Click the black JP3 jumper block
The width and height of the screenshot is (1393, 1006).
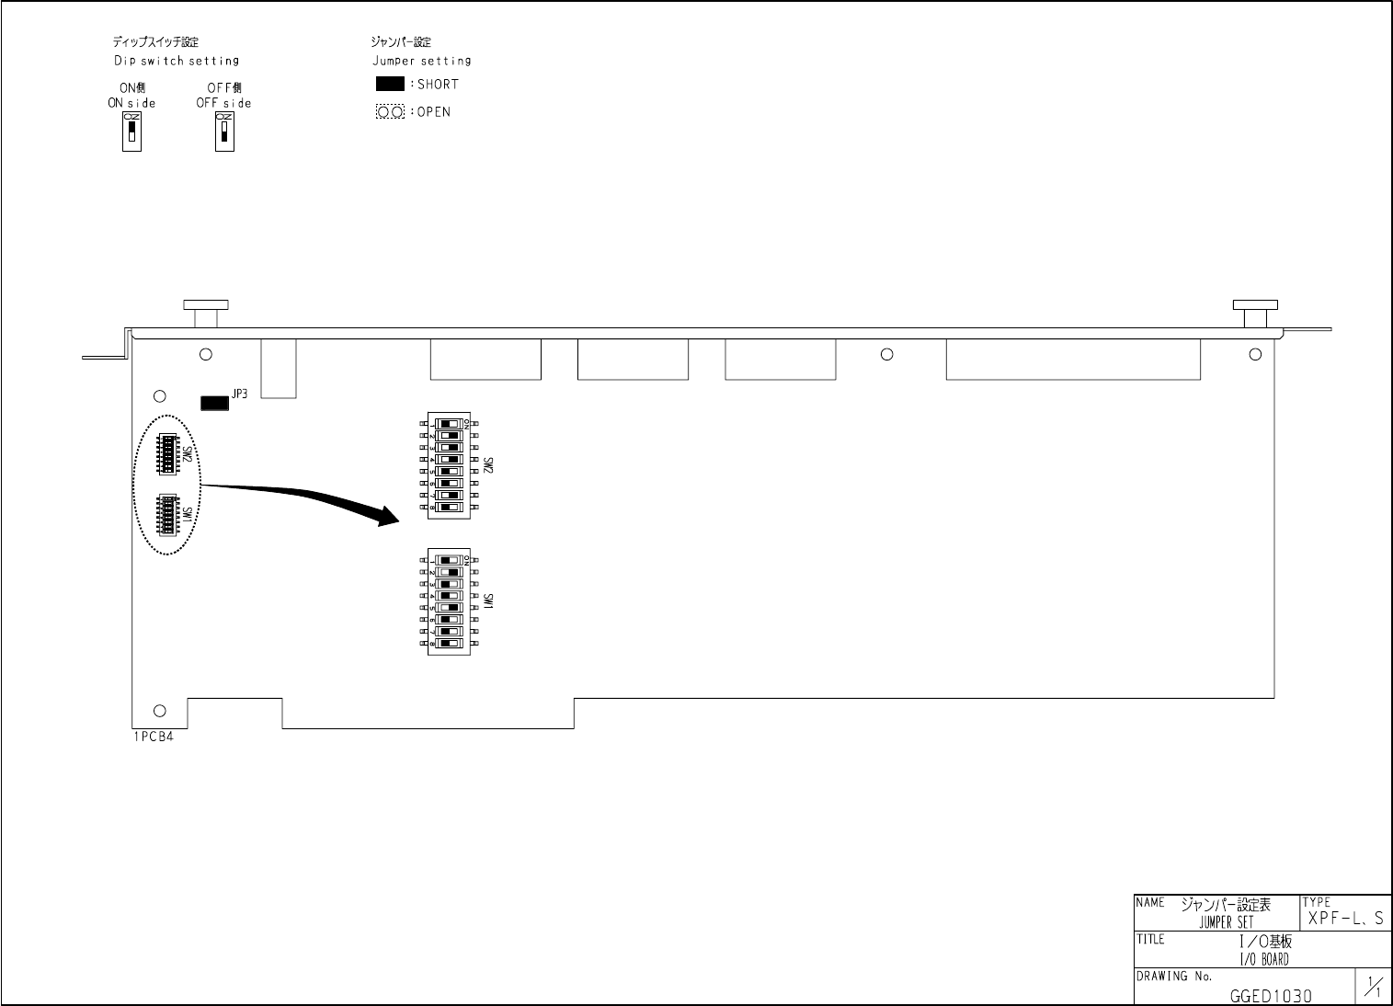click(214, 403)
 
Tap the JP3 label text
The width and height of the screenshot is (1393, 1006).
click(239, 394)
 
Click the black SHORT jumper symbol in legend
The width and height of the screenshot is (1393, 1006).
click(390, 84)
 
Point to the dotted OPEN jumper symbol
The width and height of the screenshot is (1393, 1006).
click(390, 112)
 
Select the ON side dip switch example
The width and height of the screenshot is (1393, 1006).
click(132, 132)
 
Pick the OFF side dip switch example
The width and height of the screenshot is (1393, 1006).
click(224, 132)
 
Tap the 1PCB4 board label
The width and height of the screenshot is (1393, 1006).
click(153, 736)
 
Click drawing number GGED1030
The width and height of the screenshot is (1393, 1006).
click(1271, 996)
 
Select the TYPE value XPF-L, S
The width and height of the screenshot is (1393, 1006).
click(1345, 919)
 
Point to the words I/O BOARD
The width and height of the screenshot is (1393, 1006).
click(1264, 959)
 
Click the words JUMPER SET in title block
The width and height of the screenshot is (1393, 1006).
click(1226, 922)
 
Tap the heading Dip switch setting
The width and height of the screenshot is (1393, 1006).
click(176, 61)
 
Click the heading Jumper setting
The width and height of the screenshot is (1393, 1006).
click(421, 61)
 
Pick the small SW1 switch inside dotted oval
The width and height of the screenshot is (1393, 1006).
click(168, 514)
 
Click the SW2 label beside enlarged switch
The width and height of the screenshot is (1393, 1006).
click(488, 467)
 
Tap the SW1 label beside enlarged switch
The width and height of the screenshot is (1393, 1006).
click(488, 603)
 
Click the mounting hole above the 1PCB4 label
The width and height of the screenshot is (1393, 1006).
click(160, 710)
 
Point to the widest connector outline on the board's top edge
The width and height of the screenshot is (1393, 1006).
click(1073, 360)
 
